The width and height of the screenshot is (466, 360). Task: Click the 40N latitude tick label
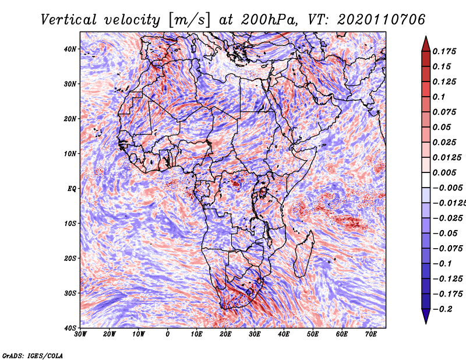point(70,49)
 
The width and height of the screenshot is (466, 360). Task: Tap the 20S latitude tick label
point(70,258)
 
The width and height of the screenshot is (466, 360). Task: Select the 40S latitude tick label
point(70,327)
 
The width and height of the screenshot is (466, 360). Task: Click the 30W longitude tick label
point(80,334)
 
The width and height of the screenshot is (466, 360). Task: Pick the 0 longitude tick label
point(168,334)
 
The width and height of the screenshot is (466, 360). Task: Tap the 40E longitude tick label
point(284,334)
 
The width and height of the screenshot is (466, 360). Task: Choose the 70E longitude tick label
point(371,334)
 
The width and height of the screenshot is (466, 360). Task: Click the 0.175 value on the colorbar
point(444,51)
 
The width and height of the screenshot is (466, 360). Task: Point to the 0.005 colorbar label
point(444,172)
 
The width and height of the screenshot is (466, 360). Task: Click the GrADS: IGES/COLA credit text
point(33,355)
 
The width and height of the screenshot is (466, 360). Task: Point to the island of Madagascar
point(302,253)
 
